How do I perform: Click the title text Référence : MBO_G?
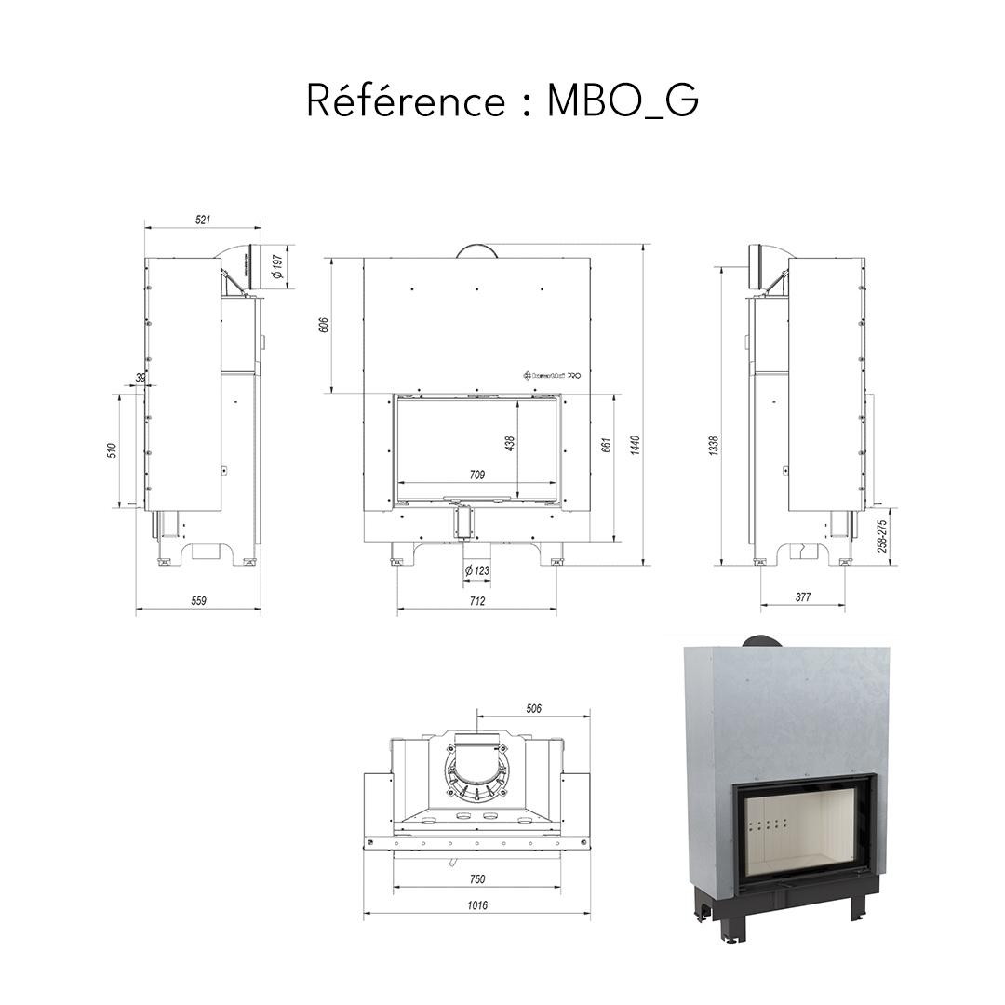(x=502, y=100)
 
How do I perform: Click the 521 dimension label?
(x=203, y=220)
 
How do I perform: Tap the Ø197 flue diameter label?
(x=276, y=268)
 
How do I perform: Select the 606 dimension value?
(x=324, y=325)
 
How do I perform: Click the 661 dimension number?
(x=606, y=444)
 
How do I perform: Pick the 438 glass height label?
(x=509, y=444)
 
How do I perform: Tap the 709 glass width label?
(x=476, y=475)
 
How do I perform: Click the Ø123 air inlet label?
(x=477, y=570)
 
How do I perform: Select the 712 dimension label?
(x=476, y=601)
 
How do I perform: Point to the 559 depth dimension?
(x=198, y=601)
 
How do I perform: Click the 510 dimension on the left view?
(x=112, y=450)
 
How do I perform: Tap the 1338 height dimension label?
(x=713, y=444)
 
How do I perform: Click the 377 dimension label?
(x=803, y=597)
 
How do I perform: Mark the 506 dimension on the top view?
(x=533, y=708)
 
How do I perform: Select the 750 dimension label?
(x=477, y=878)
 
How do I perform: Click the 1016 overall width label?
(x=477, y=905)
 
